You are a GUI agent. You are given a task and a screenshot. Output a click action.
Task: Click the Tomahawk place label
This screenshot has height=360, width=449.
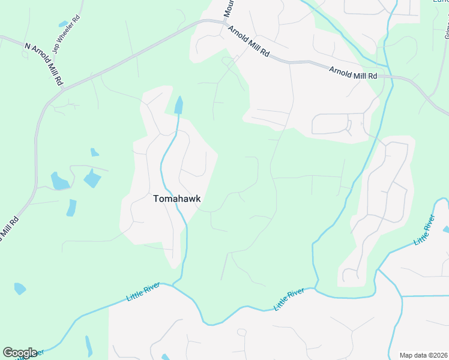[x=176, y=199]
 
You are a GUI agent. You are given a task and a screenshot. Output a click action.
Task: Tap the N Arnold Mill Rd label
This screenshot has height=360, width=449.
[x=43, y=62]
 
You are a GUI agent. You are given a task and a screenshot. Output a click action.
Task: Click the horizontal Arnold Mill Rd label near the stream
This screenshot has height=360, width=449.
[x=352, y=73]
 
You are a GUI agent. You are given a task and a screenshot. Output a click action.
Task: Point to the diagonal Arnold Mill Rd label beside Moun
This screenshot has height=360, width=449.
[x=248, y=41]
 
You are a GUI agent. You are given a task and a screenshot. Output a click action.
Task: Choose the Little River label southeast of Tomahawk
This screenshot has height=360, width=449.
[x=289, y=299]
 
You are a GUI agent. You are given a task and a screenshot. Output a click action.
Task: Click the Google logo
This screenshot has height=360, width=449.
[x=20, y=352]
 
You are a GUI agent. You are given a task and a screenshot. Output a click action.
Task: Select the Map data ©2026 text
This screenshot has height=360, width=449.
[x=423, y=355]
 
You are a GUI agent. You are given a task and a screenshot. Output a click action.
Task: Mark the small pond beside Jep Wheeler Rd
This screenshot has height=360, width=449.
[x=64, y=24]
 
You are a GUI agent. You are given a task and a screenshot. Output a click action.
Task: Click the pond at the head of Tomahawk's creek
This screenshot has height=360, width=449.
[x=178, y=106]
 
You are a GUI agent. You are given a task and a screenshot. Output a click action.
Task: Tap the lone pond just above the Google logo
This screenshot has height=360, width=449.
[x=20, y=288]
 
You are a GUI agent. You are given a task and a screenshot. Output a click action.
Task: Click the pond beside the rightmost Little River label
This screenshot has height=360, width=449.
[x=445, y=229]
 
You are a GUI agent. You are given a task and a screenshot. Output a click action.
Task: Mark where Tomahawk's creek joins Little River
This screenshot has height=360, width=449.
[x=173, y=285]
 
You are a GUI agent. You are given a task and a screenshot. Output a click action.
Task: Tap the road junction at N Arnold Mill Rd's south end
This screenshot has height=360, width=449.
[x=62, y=90]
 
